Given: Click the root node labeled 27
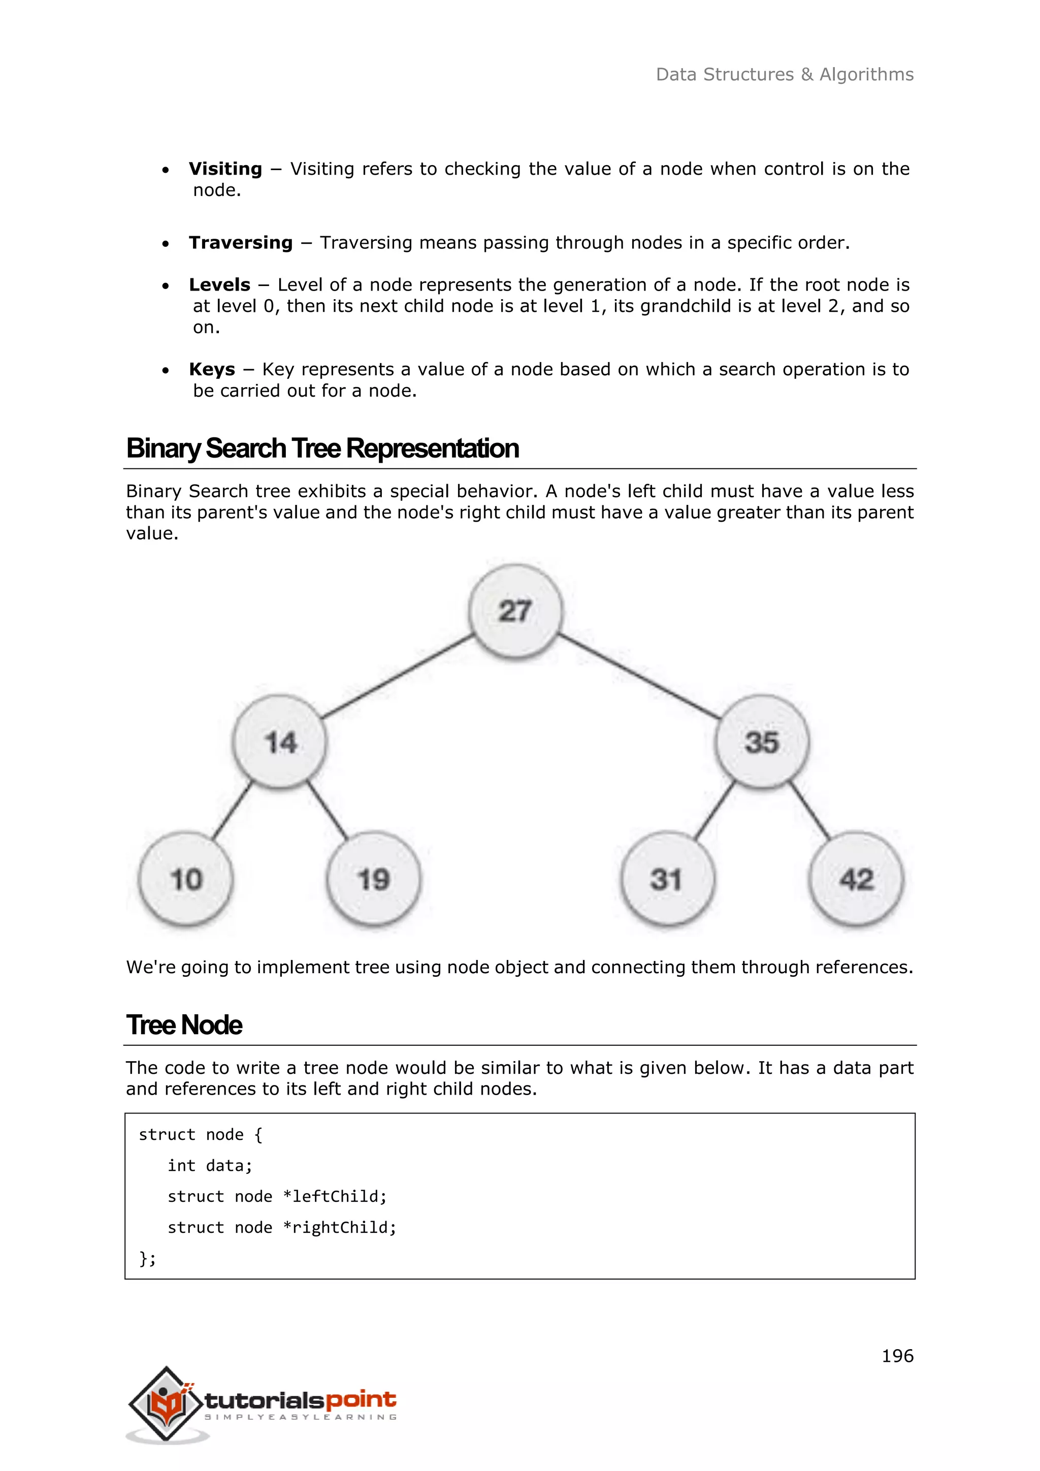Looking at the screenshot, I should pyautogui.click(x=515, y=611).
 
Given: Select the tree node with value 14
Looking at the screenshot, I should pyautogui.click(x=280, y=743).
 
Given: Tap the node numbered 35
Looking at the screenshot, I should pyautogui.click(x=761, y=743).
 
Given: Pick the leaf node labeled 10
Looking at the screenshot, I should pyautogui.click(x=186, y=879).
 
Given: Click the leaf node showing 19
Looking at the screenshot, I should pyautogui.click(x=373, y=879).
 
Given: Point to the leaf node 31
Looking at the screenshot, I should pyautogui.click(x=667, y=879).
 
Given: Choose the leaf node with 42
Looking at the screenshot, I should pyautogui.click(x=856, y=879).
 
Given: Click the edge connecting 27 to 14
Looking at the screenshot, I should pyautogui.click(x=397, y=676).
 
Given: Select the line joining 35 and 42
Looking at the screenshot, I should pyautogui.click(x=809, y=811).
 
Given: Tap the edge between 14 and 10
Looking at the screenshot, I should pyautogui.click(x=232, y=811).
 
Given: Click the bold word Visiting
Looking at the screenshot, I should pyautogui.click(x=225, y=169).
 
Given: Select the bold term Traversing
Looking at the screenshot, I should pyautogui.click(x=241, y=243).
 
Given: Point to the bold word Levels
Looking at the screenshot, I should pyautogui.click(x=220, y=285).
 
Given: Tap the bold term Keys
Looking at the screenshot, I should pyautogui.click(x=212, y=370).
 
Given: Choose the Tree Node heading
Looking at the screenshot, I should pyautogui.click(x=184, y=1025).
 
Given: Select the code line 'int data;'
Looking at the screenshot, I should pyautogui.click(x=210, y=1165).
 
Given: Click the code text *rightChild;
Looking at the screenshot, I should pyautogui.click(x=339, y=1228).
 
